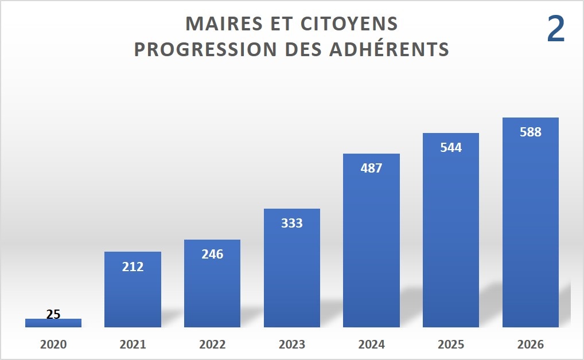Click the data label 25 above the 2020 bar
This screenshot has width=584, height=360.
[x=53, y=314]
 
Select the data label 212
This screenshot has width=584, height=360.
[x=133, y=267]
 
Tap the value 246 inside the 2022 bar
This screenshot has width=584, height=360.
[x=212, y=255]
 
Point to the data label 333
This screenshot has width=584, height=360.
[x=291, y=224]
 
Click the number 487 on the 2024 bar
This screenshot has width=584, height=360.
[x=371, y=169]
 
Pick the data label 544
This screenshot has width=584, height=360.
[x=451, y=147]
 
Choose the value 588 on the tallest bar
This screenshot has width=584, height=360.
[x=530, y=132]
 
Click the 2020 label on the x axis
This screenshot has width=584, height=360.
[x=53, y=345]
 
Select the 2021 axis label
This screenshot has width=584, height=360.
[x=133, y=345]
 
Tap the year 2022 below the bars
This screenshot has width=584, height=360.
[x=212, y=345]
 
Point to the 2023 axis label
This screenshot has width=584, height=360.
[x=291, y=345]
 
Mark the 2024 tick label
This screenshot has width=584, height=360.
[x=371, y=345]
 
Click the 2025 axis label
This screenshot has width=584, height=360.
[x=451, y=345]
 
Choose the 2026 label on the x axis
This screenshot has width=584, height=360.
[x=530, y=345]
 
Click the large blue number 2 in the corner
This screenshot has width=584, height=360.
[x=555, y=30]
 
